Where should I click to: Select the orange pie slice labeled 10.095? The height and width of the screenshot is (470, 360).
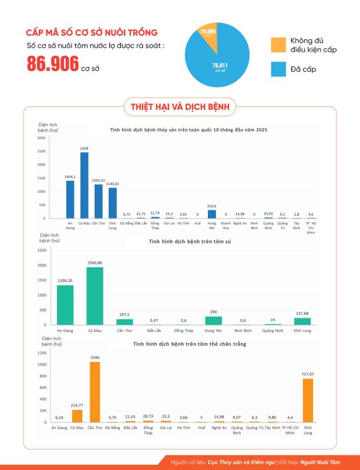(207, 35)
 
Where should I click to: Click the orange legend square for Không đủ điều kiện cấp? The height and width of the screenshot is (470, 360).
(278, 44)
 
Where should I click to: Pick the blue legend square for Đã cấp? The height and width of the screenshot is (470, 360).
(278, 69)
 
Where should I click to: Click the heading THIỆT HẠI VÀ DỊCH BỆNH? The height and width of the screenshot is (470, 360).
(180, 106)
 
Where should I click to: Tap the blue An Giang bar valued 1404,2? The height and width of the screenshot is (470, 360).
(70, 199)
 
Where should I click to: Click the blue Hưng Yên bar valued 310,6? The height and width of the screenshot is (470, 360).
(212, 214)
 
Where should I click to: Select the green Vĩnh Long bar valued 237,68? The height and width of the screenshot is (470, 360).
(302, 321)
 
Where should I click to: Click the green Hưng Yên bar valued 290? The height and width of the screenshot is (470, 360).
(213, 320)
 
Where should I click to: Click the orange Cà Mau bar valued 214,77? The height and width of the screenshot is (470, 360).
(77, 416)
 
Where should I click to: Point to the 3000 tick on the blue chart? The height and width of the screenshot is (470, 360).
(41, 138)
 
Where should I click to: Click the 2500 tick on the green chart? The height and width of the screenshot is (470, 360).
(41, 250)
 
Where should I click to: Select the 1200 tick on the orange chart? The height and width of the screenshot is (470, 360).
(42, 352)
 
